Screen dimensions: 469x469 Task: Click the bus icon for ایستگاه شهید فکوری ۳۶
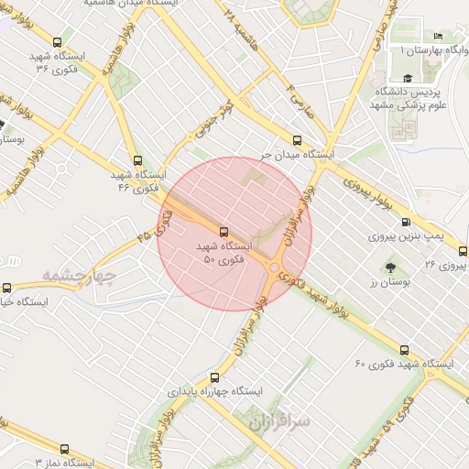pos(58,42)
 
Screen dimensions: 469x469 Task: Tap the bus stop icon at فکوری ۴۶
pos(137,159)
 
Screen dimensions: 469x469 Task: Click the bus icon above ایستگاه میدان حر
pos(296,140)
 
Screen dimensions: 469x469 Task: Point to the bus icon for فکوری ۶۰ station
pos(404,350)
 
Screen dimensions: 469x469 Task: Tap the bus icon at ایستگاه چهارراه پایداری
pos(215,376)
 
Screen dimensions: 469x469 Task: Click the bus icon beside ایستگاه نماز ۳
pos(63,449)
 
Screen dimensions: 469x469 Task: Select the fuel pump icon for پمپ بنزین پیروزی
pos(406,222)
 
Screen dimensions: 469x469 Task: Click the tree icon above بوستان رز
pos(392,267)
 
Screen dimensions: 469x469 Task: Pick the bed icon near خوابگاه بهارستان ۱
pos(438,36)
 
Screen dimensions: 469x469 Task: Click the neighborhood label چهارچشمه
pos(81,276)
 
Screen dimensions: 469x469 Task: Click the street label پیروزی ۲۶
pos(443,265)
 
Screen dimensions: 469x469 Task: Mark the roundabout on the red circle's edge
pos(275,267)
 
